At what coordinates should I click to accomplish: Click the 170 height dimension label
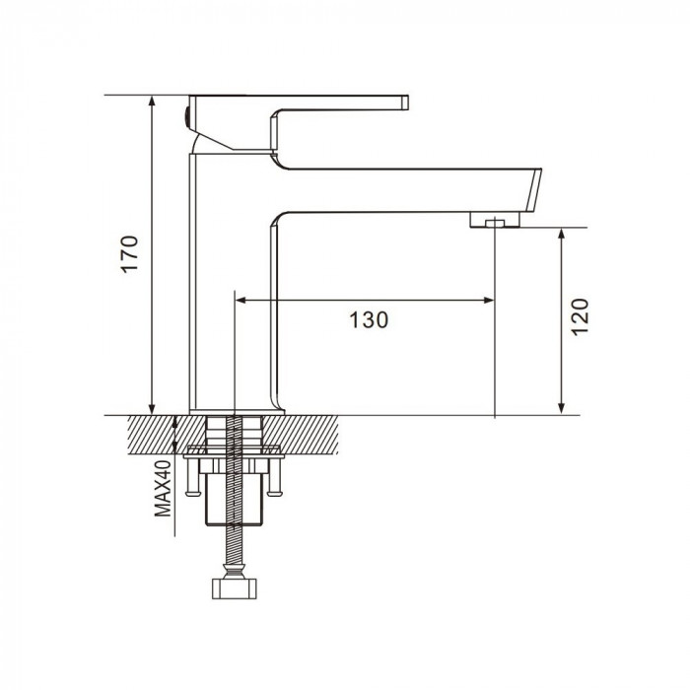click(130, 254)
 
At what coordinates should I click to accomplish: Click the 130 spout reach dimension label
click(369, 320)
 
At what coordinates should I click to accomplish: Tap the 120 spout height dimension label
click(580, 316)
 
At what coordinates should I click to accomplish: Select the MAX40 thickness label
click(163, 489)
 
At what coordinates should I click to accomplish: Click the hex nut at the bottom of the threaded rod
click(235, 588)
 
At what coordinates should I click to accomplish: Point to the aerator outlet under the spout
click(495, 220)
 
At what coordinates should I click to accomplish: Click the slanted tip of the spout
click(533, 190)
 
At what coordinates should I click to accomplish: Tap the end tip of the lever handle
click(405, 103)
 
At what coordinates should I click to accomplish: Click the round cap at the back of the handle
click(186, 118)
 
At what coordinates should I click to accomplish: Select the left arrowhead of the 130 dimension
click(241, 301)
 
